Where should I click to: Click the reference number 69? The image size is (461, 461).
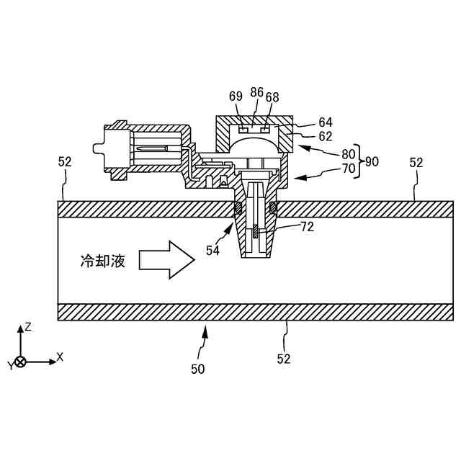pyautogui.click(x=236, y=97)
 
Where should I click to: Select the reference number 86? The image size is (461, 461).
pyautogui.click(x=256, y=92)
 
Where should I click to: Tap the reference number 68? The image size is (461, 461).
pyautogui.click(x=272, y=97)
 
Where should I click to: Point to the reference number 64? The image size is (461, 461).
pyautogui.click(x=325, y=122)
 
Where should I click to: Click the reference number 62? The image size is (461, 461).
pyautogui.click(x=325, y=135)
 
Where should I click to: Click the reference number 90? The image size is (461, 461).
pyautogui.click(x=372, y=162)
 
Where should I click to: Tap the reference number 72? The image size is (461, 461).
pyautogui.click(x=307, y=227)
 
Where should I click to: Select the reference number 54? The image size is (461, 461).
pyautogui.click(x=212, y=251)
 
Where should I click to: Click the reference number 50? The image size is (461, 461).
pyautogui.click(x=197, y=369)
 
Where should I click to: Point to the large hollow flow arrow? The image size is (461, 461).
pyautogui.click(x=166, y=260)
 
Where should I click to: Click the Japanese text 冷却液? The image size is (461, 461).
pyautogui.click(x=102, y=261)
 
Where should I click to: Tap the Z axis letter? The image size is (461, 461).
pyautogui.click(x=28, y=326)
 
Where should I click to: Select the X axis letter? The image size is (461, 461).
pyautogui.click(x=60, y=357)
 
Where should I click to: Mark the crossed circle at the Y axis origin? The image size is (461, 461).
pyautogui.click(x=21, y=362)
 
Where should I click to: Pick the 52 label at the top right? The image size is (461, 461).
pyautogui.click(x=416, y=163)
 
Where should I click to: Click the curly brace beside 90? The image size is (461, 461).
pyautogui.click(x=361, y=162)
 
